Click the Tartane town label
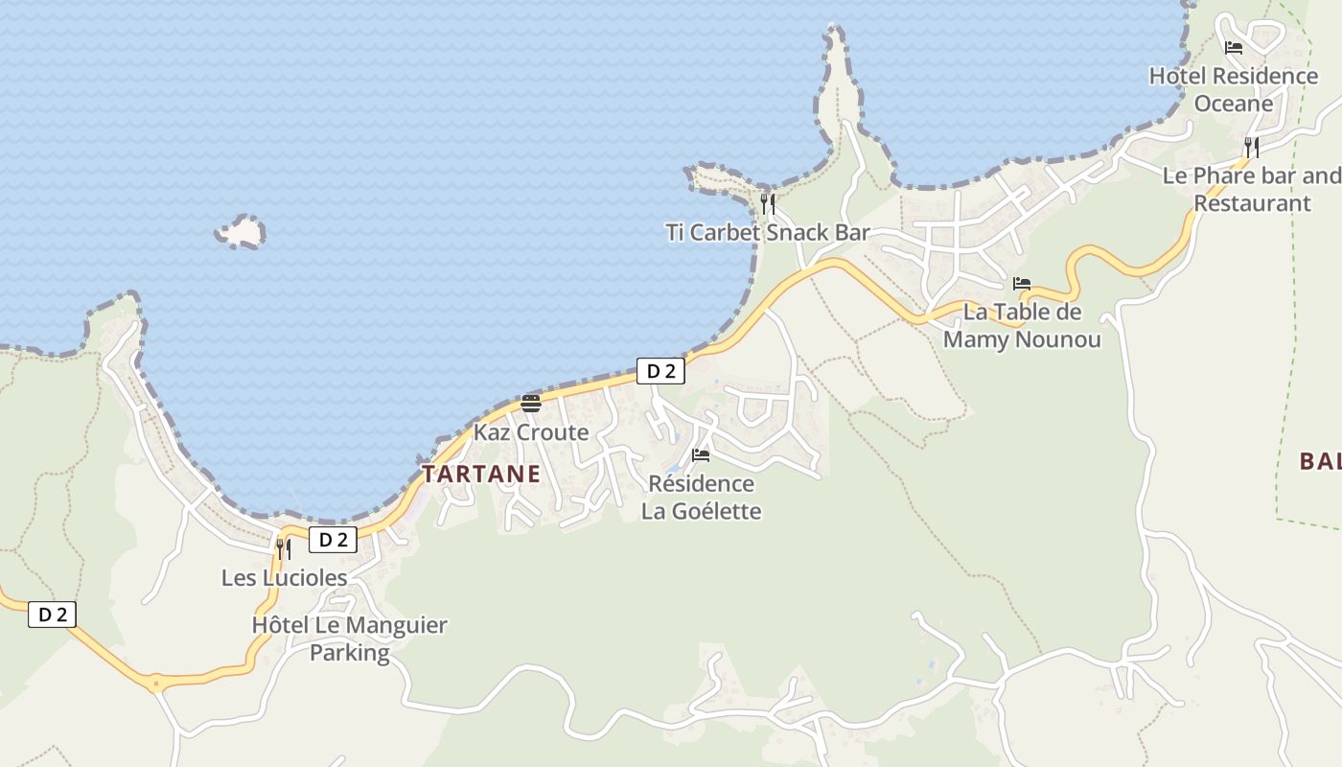coord(481,474)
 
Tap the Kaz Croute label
coord(531,432)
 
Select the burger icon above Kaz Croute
coord(531,403)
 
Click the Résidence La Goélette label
coord(701,497)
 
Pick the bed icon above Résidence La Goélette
coord(701,454)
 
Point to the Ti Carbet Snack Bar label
coord(768,232)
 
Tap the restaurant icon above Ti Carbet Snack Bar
coord(768,203)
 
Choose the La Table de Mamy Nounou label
coord(1022,326)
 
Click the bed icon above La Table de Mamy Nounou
coord(1022,284)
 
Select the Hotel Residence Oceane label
coord(1233,89)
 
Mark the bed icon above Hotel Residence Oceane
coord(1234,47)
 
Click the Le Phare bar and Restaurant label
coord(1252,189)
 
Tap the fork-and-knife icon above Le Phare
coord(1252,147)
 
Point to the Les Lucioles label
coord(284,578)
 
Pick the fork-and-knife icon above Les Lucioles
coord(284,548)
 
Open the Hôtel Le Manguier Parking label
coord(349,639)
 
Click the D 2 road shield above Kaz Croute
coord(660,371)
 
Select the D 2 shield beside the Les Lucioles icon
coord(333,540)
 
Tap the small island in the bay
coord(241,232)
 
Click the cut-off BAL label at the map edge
coord(1321,461)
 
